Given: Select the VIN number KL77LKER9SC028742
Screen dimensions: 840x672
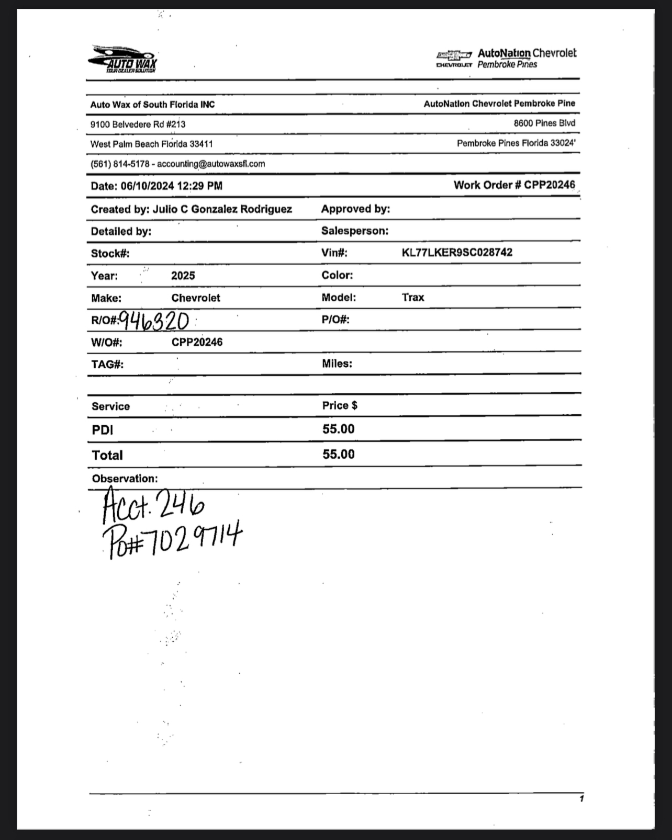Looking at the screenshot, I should (x=457, y=253).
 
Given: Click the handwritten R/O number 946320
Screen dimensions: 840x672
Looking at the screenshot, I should (x=154, y=321).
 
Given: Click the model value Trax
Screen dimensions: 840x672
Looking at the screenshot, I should (x=413, y=298).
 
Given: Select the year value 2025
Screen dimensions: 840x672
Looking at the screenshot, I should (x=183, y=276).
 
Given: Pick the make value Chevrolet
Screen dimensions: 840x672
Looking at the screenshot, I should (x=196, y=298).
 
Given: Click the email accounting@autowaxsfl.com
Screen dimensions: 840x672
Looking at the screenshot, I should (x=211, y=164).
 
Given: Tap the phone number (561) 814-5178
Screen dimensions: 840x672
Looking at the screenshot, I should (x=120, y=164).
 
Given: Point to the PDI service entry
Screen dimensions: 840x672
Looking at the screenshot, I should (x=103, y=430).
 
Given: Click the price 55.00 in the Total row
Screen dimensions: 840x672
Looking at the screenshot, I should (x=339, y=454).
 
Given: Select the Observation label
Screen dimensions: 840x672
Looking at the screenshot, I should (x=125, y=479).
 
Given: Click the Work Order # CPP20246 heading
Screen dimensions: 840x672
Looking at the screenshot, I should (x=514, y=185).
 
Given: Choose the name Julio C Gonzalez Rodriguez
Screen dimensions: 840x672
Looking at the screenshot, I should (x=222, y=209).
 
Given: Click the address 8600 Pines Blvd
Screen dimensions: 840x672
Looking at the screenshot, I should (x=544, y=123).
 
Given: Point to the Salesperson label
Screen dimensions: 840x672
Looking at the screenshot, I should (x=355, y=231).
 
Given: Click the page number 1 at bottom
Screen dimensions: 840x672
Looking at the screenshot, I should (x=581, y=798).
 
